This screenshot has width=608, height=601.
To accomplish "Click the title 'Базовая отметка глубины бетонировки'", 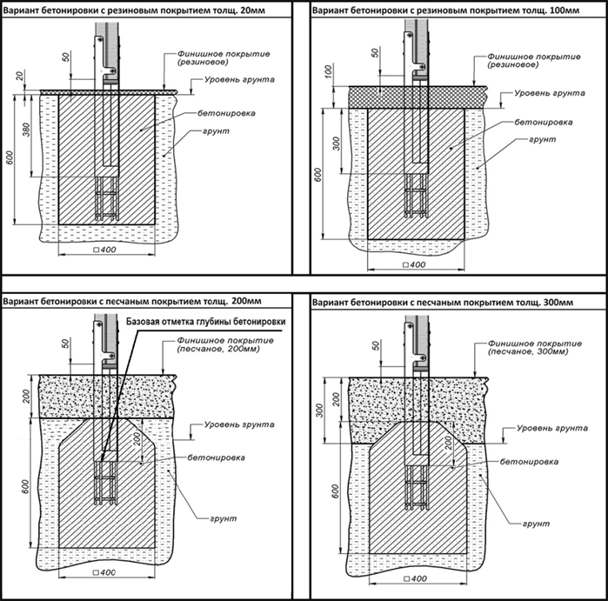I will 206,322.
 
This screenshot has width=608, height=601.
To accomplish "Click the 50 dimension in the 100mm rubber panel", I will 376,53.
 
